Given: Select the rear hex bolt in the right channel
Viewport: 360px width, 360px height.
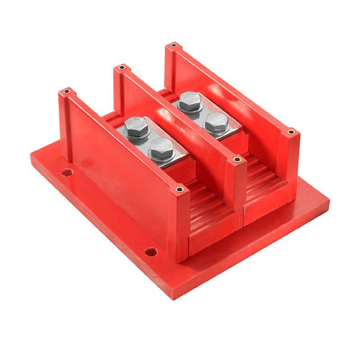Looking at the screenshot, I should (x=190, y=101).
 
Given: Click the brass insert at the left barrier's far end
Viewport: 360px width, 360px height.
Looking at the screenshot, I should (x=67, y=91).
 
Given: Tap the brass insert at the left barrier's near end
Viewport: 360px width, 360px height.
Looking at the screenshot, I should (x=179, y=190).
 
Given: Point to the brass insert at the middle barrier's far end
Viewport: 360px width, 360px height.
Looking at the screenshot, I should (x=122, y=68).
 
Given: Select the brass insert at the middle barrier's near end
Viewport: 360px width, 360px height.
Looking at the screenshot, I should (x=236, y=160).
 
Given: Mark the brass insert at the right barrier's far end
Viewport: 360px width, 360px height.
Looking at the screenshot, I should (x=174, y=46).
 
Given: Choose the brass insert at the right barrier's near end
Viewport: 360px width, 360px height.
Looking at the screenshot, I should (x=291, y=132).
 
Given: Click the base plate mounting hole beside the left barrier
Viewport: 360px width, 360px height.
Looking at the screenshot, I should (x=66, y=173).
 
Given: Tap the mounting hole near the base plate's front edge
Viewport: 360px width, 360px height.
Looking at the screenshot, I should (x=151, y=252).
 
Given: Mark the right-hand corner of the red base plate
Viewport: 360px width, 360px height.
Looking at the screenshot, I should (x=329, y=201).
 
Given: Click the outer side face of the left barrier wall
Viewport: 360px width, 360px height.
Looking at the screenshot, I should (x=118, y=182).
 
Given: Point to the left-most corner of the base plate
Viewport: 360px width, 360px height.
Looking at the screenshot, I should (x=31, y=159).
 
